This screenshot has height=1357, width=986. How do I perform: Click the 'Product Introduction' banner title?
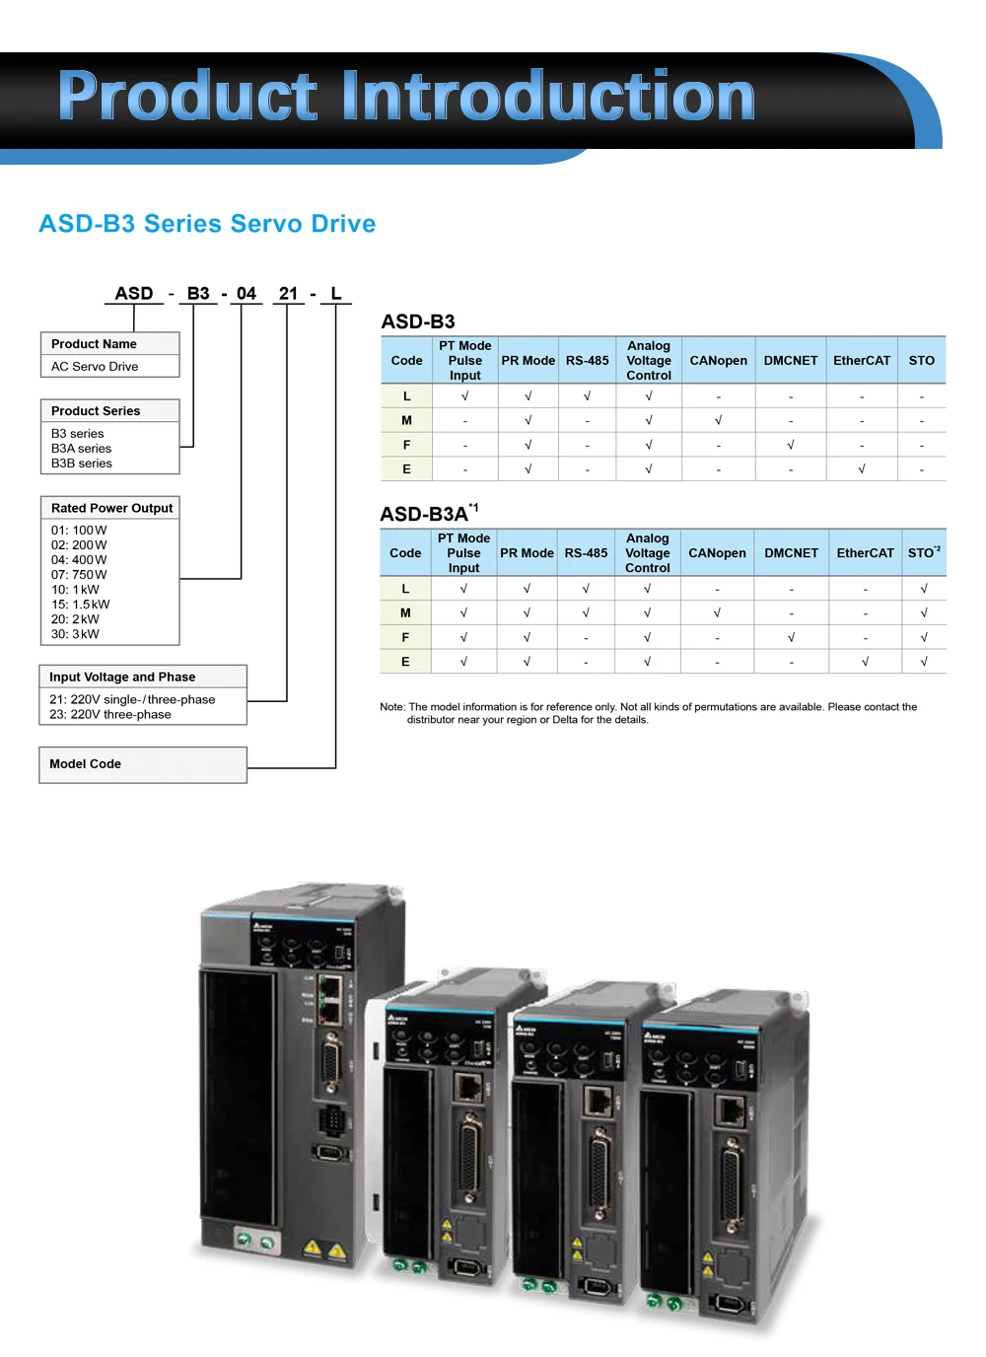(x=406, y=97)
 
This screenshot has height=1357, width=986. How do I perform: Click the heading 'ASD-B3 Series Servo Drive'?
(x=207, y=224)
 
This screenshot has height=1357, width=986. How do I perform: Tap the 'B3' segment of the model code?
(x=198, y=294)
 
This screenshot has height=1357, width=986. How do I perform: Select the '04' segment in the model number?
(x=246, y=294)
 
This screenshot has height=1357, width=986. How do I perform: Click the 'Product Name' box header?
(x=95, y=344)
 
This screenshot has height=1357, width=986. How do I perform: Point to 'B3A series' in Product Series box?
(x=81, y=449)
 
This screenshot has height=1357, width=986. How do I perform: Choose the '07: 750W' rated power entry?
(x=79, y=575)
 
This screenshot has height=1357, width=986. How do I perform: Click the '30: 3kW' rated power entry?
(x=75, y=635)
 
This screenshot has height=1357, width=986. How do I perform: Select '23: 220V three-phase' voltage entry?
(x=110, y=715)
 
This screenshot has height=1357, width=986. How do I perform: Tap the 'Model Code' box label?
(x=86, y=764)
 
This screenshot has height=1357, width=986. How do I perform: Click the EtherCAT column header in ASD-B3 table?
(x=862, y=361)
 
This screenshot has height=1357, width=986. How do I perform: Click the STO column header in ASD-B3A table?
(x=923, y=553)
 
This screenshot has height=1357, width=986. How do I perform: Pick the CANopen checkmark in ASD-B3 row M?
(x=718, y=420)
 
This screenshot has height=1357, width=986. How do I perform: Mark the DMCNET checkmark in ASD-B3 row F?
(x=791, y=445)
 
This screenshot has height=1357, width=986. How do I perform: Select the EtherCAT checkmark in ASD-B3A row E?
(x=865, y=662)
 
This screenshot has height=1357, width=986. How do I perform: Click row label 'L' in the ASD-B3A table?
(x=405, y=589)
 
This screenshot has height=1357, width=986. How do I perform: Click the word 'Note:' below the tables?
(x=392, y=707)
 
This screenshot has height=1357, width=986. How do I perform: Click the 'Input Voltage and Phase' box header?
(x=122, y=678)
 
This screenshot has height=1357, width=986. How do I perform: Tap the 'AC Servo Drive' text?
(x=95, y=367)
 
